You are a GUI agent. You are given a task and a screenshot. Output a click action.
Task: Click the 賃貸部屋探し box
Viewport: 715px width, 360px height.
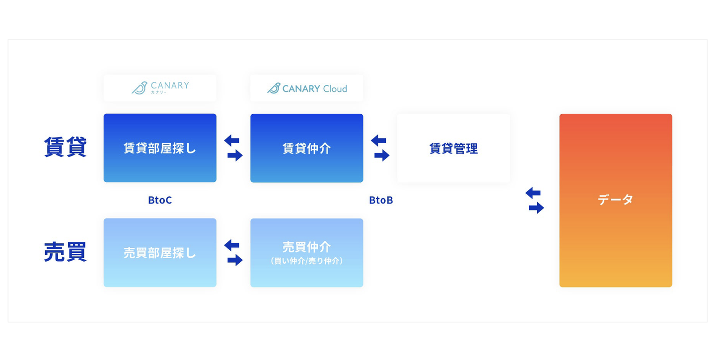point(160,148)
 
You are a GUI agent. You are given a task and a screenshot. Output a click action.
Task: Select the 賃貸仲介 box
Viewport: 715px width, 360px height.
point(306,148)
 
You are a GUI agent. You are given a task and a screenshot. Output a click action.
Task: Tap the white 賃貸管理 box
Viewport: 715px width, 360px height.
point(453,148)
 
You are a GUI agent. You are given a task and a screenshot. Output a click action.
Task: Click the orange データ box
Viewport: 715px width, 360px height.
point(615,200)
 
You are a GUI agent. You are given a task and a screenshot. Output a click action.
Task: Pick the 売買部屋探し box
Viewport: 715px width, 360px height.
point(160,253)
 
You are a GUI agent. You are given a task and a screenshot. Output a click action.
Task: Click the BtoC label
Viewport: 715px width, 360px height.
point(160,200)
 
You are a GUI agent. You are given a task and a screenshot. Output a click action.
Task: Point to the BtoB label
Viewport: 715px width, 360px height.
point(381,200)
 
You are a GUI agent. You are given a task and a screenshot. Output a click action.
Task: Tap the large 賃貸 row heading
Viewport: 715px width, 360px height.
point(65,147)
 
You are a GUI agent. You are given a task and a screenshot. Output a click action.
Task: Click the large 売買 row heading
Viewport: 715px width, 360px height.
point(65,252)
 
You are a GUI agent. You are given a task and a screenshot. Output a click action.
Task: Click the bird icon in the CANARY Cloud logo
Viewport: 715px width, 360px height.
point(274,88)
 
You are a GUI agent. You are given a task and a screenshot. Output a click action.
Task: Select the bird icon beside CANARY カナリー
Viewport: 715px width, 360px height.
point(139,88)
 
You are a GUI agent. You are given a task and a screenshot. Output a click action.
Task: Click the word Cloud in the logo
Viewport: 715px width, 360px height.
point(335,89)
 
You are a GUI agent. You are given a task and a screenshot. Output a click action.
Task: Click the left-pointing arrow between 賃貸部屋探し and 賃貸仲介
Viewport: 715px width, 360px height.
point(232,141)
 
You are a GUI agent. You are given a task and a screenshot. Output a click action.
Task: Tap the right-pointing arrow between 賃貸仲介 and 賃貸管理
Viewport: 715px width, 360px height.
point(381,155)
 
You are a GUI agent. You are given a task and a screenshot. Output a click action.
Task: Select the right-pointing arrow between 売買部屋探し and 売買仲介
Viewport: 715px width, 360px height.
point(235,260)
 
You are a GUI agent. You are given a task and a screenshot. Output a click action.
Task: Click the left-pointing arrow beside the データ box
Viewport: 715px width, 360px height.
point(533,193)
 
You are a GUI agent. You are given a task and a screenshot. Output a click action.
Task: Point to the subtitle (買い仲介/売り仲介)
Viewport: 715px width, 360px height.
point(306,261)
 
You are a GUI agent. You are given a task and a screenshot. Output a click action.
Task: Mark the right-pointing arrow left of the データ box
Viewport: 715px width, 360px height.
point(536,208)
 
